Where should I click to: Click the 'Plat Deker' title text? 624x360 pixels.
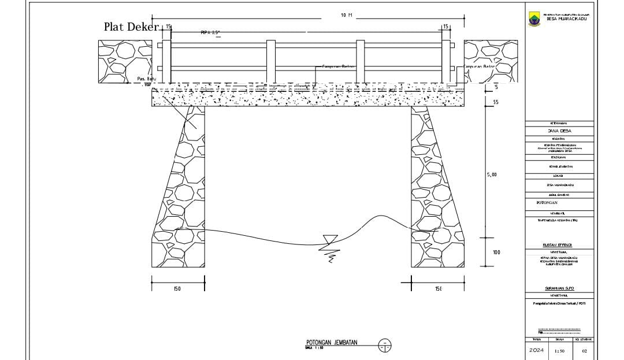pyautogui.click(x=131, y=27)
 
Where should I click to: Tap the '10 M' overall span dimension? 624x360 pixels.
pyautogui.click(x=347, y=15)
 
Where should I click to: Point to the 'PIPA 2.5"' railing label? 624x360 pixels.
pyautogui.click(x=210, y=33)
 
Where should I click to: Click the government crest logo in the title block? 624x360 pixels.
pyautogui.click(x=534, y=19)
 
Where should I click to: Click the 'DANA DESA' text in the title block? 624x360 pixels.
pyautogui.click(x=559, y=131)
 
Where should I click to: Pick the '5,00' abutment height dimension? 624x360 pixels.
pyautogui.click(x=491, y=174)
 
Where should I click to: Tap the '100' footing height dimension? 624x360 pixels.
pyautogui.click(x=496, y=253)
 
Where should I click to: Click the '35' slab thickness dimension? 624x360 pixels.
pyautogui.click(x=496, y=103)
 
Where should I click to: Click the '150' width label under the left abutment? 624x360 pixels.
pyautogui.click(x=177, y=289)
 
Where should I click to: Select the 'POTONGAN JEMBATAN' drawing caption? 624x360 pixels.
pyautogui.click(x=332, y=343)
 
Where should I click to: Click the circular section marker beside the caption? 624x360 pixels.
pyautogui.click(x=385, y=346)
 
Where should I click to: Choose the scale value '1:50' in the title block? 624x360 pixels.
pyautogui.click(x=559, y=351)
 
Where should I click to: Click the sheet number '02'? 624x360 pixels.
pyautogui.click(x=584, y=351)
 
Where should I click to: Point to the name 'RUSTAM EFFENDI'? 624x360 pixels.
pyautogui.click(x=559, y=245)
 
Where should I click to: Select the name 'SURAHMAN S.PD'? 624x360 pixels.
pyautogui.click(x=559, y=288)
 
